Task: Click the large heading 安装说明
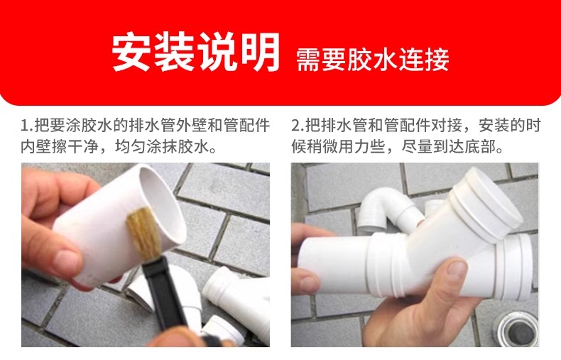[x=196, y=52]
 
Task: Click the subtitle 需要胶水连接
[x=372, y=60]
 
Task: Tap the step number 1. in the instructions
[x=27, y=126]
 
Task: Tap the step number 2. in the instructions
[x=298, y=126]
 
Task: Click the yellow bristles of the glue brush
[x=142, y=233]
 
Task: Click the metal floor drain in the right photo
[x=516, y=329]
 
